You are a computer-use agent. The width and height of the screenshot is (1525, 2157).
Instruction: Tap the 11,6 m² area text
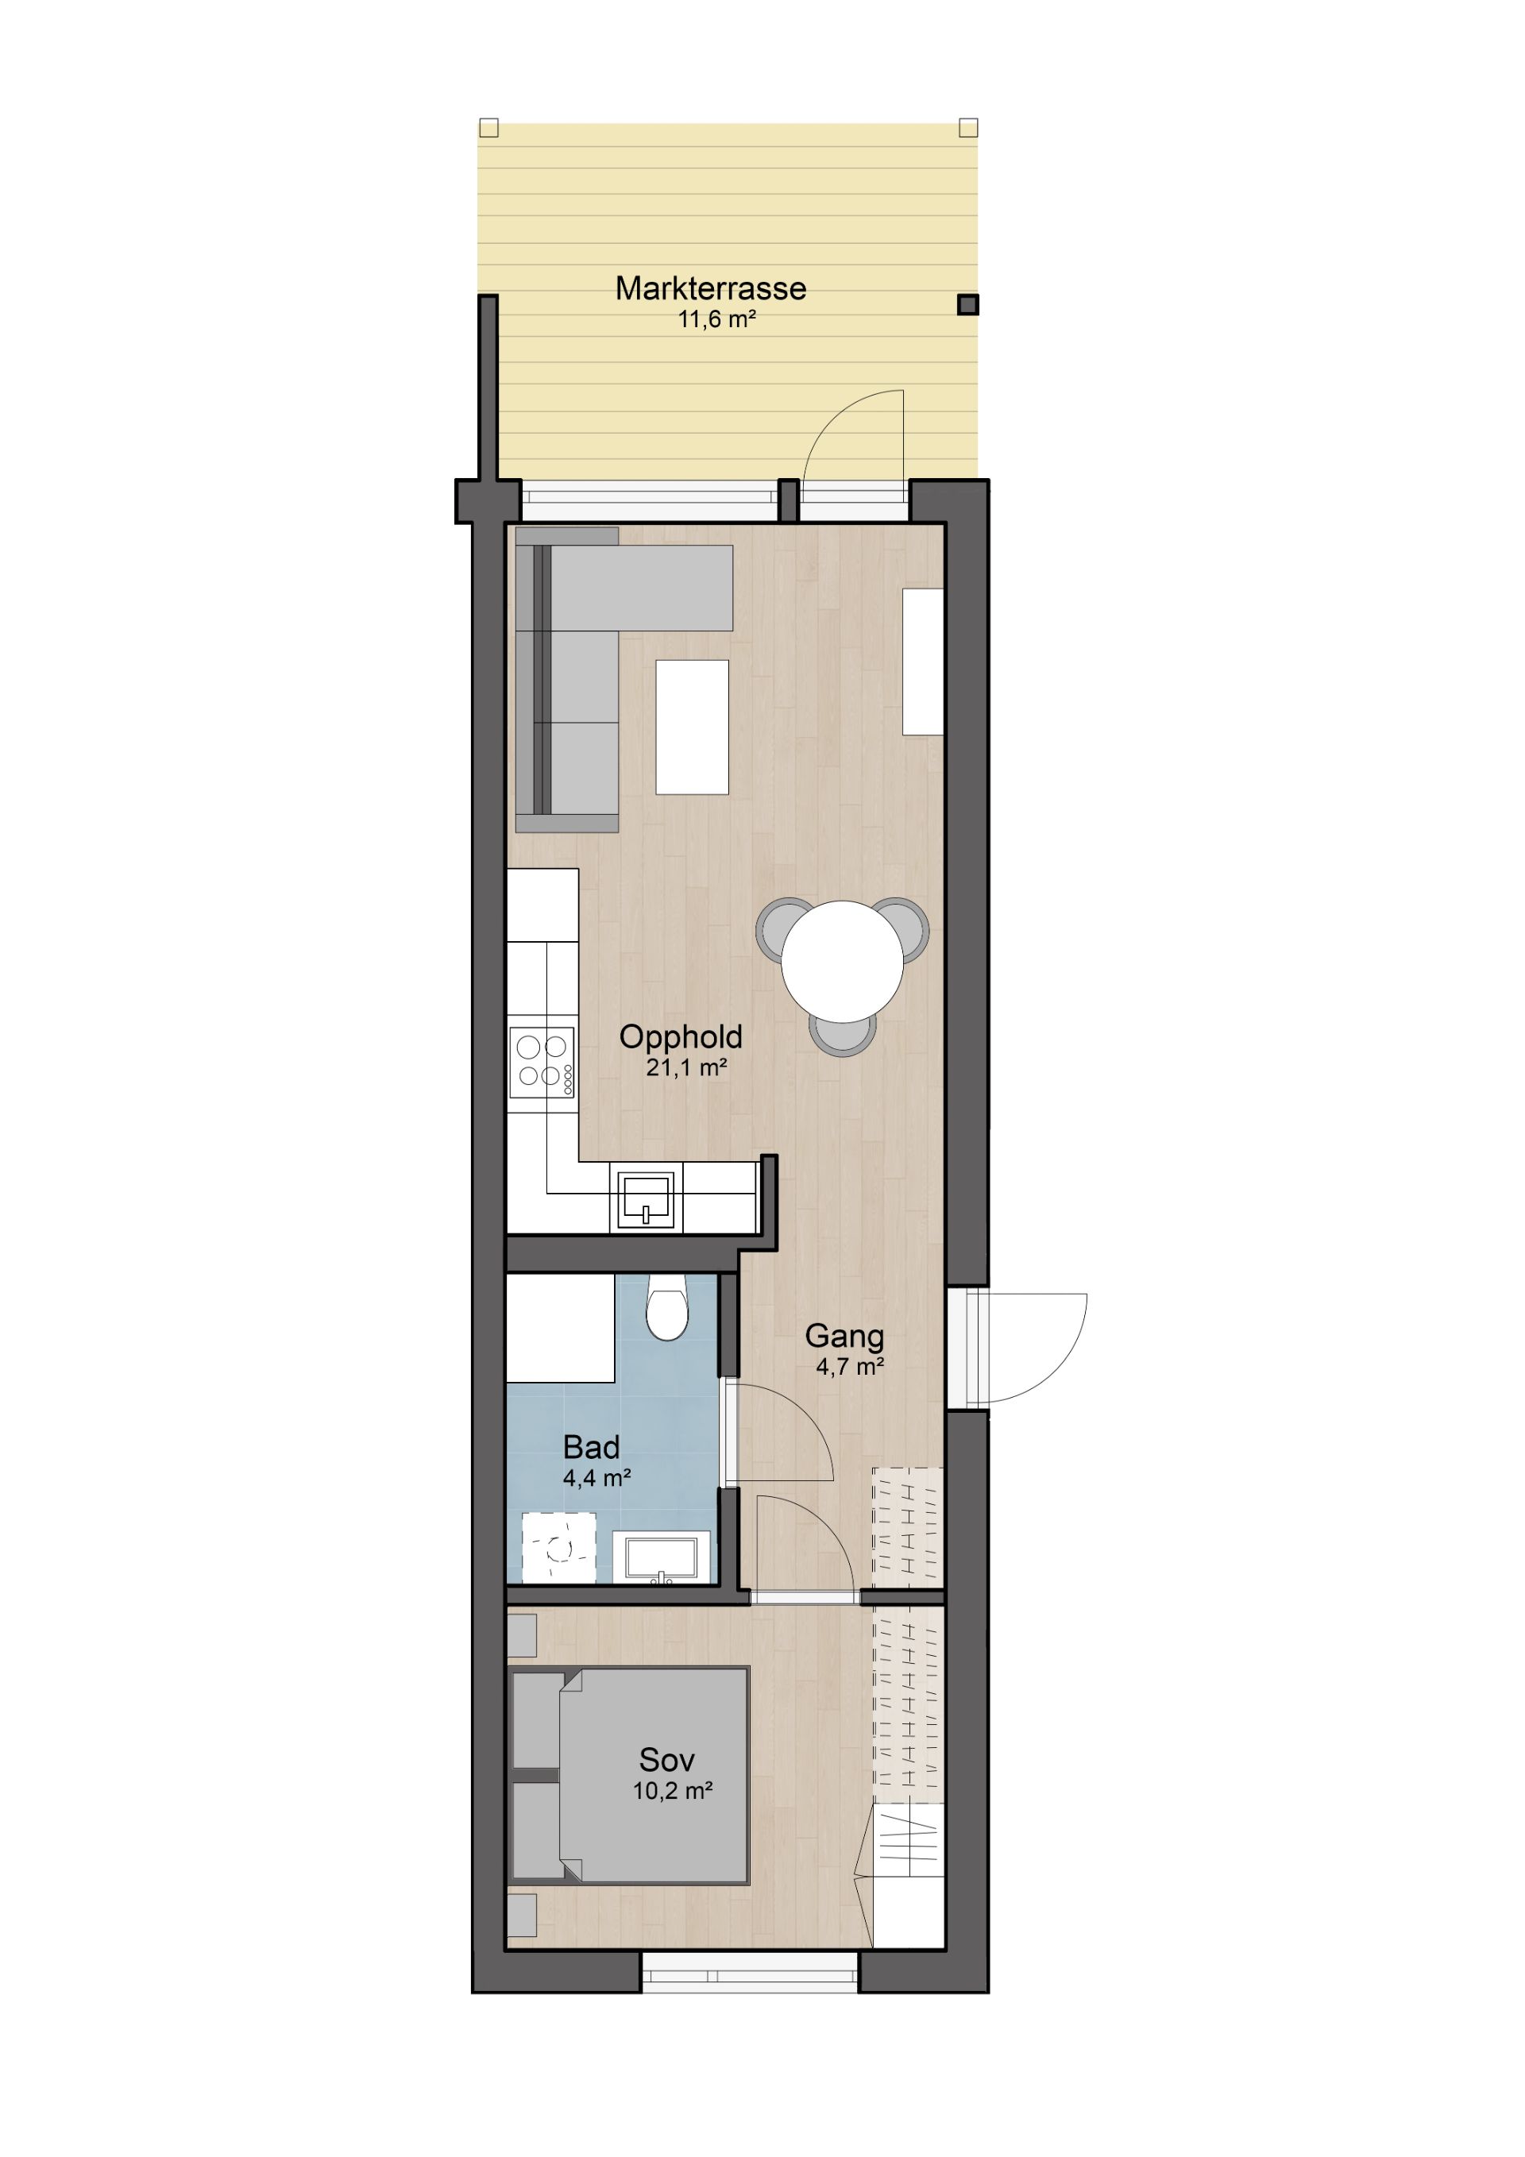[x=717, y=319]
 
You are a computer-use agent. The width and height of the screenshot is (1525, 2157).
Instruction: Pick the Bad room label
[x=591, y=1447]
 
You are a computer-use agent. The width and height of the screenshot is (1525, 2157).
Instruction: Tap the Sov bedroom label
[x=666, y=1760]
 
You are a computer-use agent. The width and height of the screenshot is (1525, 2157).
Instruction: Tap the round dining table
[x=842, y=961]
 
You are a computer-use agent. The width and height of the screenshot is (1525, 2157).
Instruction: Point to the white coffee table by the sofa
[x=692, y=727]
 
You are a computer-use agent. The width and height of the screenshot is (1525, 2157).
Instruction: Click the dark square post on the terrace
[x=967, y=304]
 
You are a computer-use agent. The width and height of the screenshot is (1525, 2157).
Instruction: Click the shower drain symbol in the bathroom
[x=559, y=1547]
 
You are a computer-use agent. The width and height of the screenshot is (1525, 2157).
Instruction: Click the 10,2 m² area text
[x=672, y=1791]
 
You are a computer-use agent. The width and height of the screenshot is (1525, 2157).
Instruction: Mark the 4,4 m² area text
[x=596, y=1478]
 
